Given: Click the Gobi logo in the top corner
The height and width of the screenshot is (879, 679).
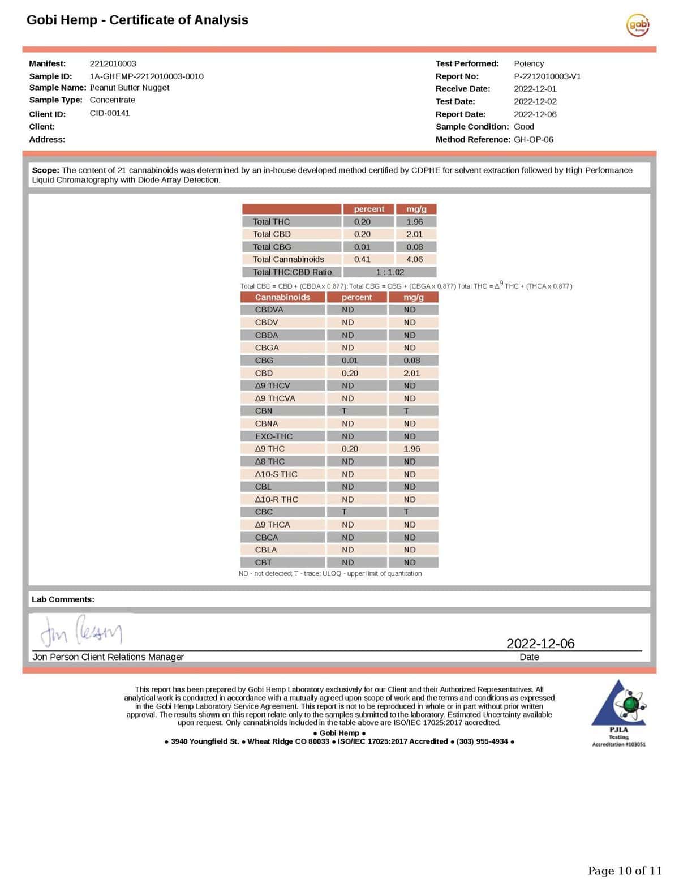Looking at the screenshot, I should pos(638,25).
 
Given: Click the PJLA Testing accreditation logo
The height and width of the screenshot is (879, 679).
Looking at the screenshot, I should pos(618,713).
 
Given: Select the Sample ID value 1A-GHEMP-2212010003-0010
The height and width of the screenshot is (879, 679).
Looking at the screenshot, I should pos(147,76).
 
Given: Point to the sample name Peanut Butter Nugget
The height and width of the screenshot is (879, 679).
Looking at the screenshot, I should pos(130,88).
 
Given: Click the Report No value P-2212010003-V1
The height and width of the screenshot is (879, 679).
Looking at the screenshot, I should pos(547,76).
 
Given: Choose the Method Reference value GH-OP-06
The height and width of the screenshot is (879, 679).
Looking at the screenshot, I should pos(534,139).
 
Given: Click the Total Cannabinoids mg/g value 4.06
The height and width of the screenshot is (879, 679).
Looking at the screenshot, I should pos(414,259).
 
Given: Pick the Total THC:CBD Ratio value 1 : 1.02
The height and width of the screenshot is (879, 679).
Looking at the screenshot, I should pos(390,272).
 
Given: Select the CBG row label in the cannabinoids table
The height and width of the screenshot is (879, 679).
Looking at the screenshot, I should pos(264,361).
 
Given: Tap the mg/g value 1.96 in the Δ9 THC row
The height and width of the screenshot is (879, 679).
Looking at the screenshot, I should pos(411,449).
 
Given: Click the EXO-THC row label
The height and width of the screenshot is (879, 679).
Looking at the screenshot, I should pos(274,436).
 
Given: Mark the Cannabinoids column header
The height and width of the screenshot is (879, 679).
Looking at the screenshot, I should pos(282,297).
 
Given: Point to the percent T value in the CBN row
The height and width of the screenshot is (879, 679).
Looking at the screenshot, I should pos(344,411).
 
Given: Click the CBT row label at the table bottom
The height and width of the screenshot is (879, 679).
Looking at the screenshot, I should pos(263,563).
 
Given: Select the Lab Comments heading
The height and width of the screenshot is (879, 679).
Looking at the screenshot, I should pos(63,599).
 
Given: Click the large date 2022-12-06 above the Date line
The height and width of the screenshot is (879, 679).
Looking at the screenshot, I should pos(540,644).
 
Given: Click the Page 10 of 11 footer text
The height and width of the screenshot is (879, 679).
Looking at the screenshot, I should pos(625,871).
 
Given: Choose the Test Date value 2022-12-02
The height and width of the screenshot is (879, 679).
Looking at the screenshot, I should pos(535,102).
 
